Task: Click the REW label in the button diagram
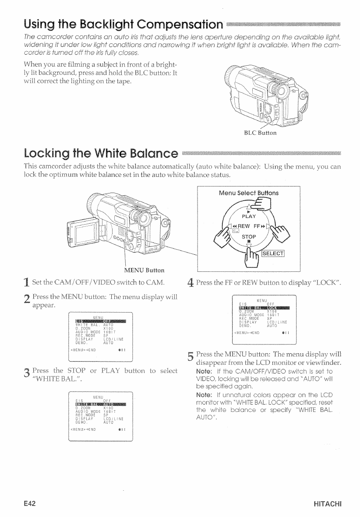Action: pos(239,227)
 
